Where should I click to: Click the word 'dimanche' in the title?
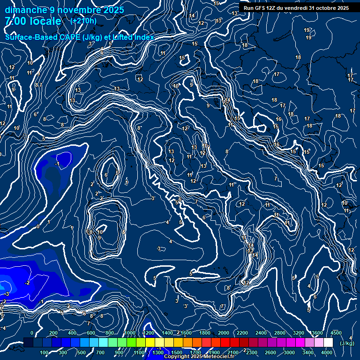pos(26,10)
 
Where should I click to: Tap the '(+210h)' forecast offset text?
pos(83,21)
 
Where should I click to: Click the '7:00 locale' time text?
pos(33,21)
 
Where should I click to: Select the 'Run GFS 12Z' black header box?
pos(296,7)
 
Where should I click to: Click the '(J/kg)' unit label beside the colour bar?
pos(346,343)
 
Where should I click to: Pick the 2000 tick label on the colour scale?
pos(224,333)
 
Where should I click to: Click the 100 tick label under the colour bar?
pos(44,352)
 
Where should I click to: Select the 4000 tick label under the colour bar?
pos(327,352)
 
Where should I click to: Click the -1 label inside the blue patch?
pos(57,164)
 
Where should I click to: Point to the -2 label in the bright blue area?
pos(28,283)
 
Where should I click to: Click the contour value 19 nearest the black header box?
pos(306,30)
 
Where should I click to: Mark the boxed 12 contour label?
pos(140,79)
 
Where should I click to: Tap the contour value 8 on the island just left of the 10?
pos(90,232)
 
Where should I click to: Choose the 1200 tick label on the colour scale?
pos(148,333)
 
